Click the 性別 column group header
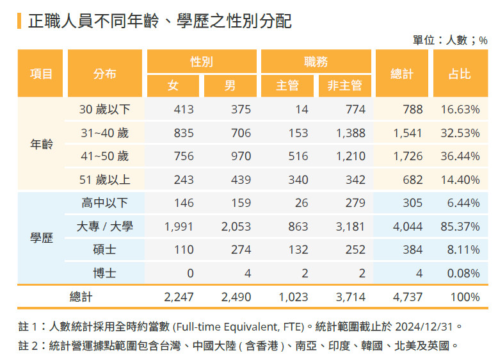point(202,61)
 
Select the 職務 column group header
point(316,61)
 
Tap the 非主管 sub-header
point(344,85)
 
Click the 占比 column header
point(460,73)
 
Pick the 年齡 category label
point(42,143)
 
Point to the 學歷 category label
point(42,238)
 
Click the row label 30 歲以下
point(104,110)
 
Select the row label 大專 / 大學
point(104,226)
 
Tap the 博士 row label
point(104,273)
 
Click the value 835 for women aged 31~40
point(183,133)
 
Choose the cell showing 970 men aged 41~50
point(241,156)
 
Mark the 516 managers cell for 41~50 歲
point(298,156)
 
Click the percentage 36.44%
point(460,156)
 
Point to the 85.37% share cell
point(460,226)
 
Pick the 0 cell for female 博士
point(189,273)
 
